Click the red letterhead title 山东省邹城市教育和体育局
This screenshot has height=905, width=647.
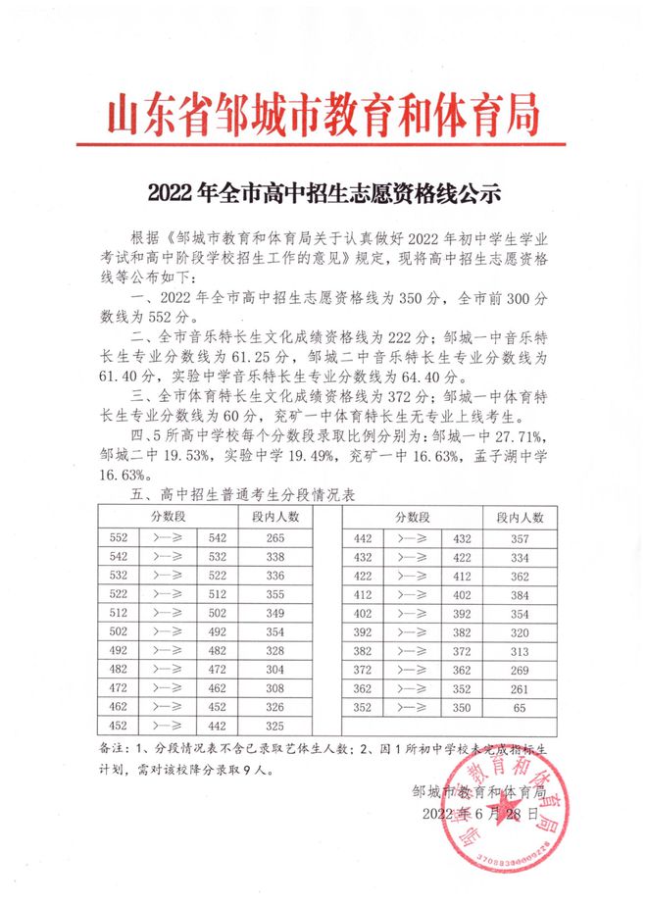pyautogui.click(x=323, y=117)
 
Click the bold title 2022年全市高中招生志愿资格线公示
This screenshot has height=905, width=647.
pyautogui.click(x=323, y=192)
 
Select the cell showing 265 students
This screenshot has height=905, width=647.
pyautogui.click(x=274, y=538)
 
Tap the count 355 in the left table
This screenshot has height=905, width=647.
pyautogui.click(x=274, y=594)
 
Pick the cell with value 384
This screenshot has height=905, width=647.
pyautogui.click(x=521, y=594)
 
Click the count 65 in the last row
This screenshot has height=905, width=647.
pyautogui.click(x=521, y=706)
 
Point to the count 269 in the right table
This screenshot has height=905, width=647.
pyautogui.click(x=521, y=669)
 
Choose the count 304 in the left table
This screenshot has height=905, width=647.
pyautogui.click(x=274, y=669)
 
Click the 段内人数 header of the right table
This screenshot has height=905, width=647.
pyautogui.click(x=521, y=516)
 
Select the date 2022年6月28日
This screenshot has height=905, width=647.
pyautogui.click(x=479, y=814)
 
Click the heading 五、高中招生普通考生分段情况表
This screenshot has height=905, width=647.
pyautogui.click(x=248, y=496)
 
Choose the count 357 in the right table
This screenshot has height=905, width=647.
pyautogui.click(x=521, y=538)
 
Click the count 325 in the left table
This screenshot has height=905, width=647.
pyautogui.click(x=274, y=725)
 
